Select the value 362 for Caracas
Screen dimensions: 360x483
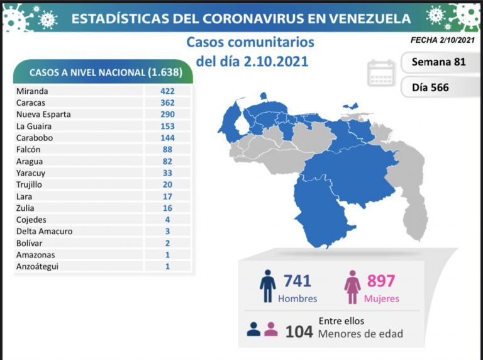pyautogui.click(x=167, y=103)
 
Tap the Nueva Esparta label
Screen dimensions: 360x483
pyautogui.click(x=43, y=115)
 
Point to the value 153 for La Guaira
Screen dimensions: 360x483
pyautogui.click(x=167, y=126)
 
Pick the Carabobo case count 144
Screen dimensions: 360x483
pyautogui.click(x=167, y=138)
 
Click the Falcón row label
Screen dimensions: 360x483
pyautogui.click(x=28, y=149)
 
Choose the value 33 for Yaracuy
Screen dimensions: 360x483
pyautogui.click(x=167, y=172)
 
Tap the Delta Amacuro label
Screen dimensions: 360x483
pyautogui.click(x=45, y=231)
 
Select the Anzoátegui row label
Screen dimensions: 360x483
pyautogui.click(x=38, y=266)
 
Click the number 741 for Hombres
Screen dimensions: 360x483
pyautogui.click(x=297, y=281)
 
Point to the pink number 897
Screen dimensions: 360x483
pyautogui.click(x=381, y=281)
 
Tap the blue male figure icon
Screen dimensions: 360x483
pyautogui.click(x=267, y=287)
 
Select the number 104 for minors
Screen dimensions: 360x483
pyautogui.click(x=299, y=331)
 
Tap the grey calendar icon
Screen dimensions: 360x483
pyautogui.click(x=381, y=74)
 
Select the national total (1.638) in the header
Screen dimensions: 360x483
pyautogui.click(x=165, y=72)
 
